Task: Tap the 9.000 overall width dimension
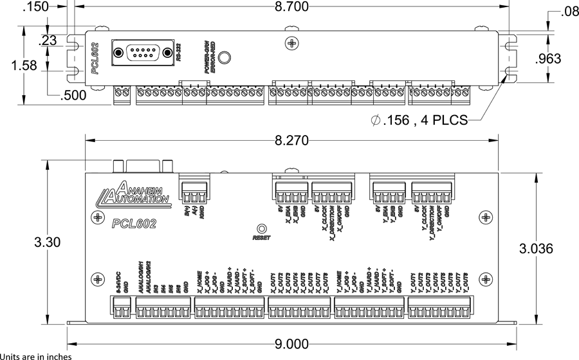point(291,344)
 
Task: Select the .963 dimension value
point(548,59)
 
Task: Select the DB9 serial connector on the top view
point(143,52)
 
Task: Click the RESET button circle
point(262,229)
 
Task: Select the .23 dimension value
point(48,40)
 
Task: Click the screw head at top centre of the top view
point(293,43)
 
